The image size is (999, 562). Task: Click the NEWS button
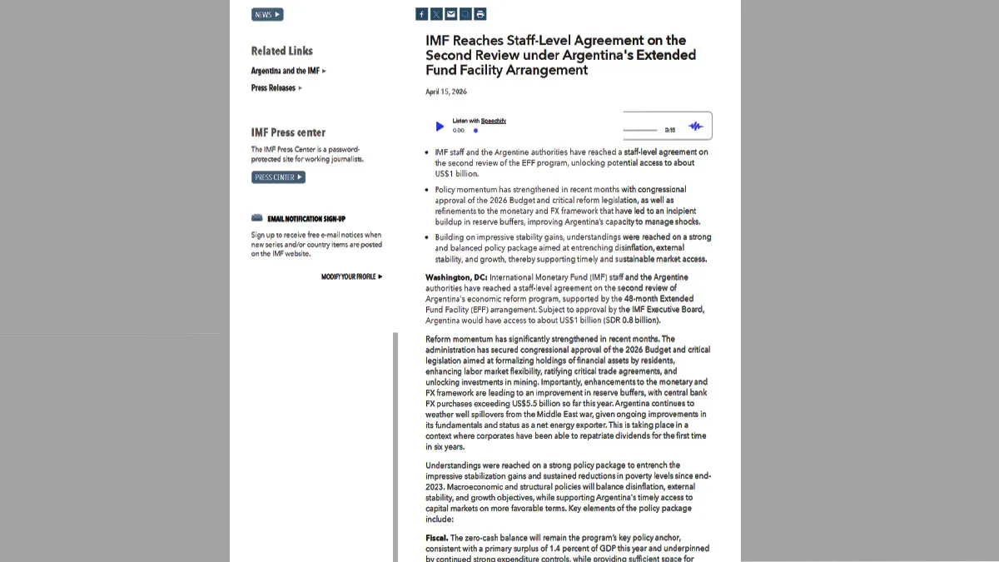tap(267, 14)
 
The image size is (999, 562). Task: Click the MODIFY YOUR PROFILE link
tap(351, 276)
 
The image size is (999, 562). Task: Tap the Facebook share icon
tap(421, 14)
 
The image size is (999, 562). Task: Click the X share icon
tap(436, 14)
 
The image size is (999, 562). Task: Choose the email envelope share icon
tap(450, 14)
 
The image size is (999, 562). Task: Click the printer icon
tap(480, 14)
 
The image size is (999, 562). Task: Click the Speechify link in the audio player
tap(494, 121)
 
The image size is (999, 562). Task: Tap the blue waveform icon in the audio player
tap(695, 127)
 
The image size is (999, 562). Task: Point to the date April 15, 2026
tap(446, 92)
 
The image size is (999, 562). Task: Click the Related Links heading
tap(282, 51)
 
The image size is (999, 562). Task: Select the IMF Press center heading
tap(288, 132)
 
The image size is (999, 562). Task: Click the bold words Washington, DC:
tap(456, 277)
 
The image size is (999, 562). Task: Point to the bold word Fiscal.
tap(437, 538)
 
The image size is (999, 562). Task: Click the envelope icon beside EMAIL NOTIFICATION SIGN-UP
tap(257, 218)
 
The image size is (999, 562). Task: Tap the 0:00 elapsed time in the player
tap(459, 131)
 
